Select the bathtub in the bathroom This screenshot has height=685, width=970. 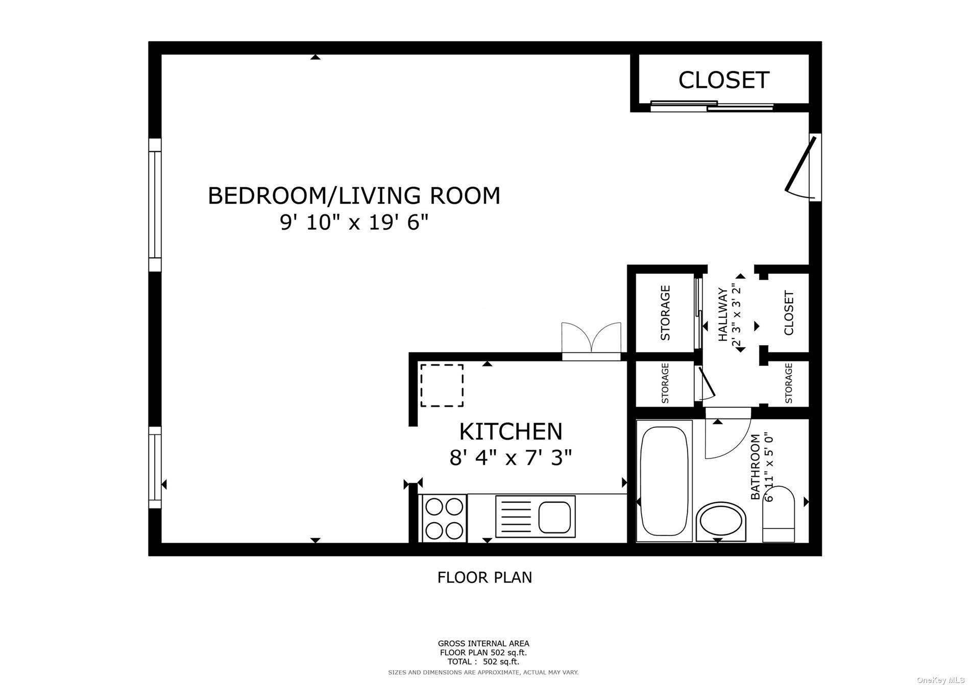(664, 481)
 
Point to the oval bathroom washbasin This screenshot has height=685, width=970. (720, 521)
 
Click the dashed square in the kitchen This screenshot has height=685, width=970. (442, 385)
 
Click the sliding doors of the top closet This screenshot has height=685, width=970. (712, 106)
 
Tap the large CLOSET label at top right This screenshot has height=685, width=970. (723, 80)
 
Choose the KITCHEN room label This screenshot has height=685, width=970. (511, 432)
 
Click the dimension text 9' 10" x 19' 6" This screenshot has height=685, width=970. (354, 223)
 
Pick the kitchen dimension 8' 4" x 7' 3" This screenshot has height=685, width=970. (511, 458)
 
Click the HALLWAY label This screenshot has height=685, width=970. (723, 315)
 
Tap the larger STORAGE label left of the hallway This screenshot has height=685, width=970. (665, 313)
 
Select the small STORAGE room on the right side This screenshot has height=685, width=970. (788, 383)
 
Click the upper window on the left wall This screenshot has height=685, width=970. (155, 204)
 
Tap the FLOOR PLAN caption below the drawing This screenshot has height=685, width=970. (484, 577)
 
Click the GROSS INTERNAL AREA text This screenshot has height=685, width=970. (483, 644)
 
